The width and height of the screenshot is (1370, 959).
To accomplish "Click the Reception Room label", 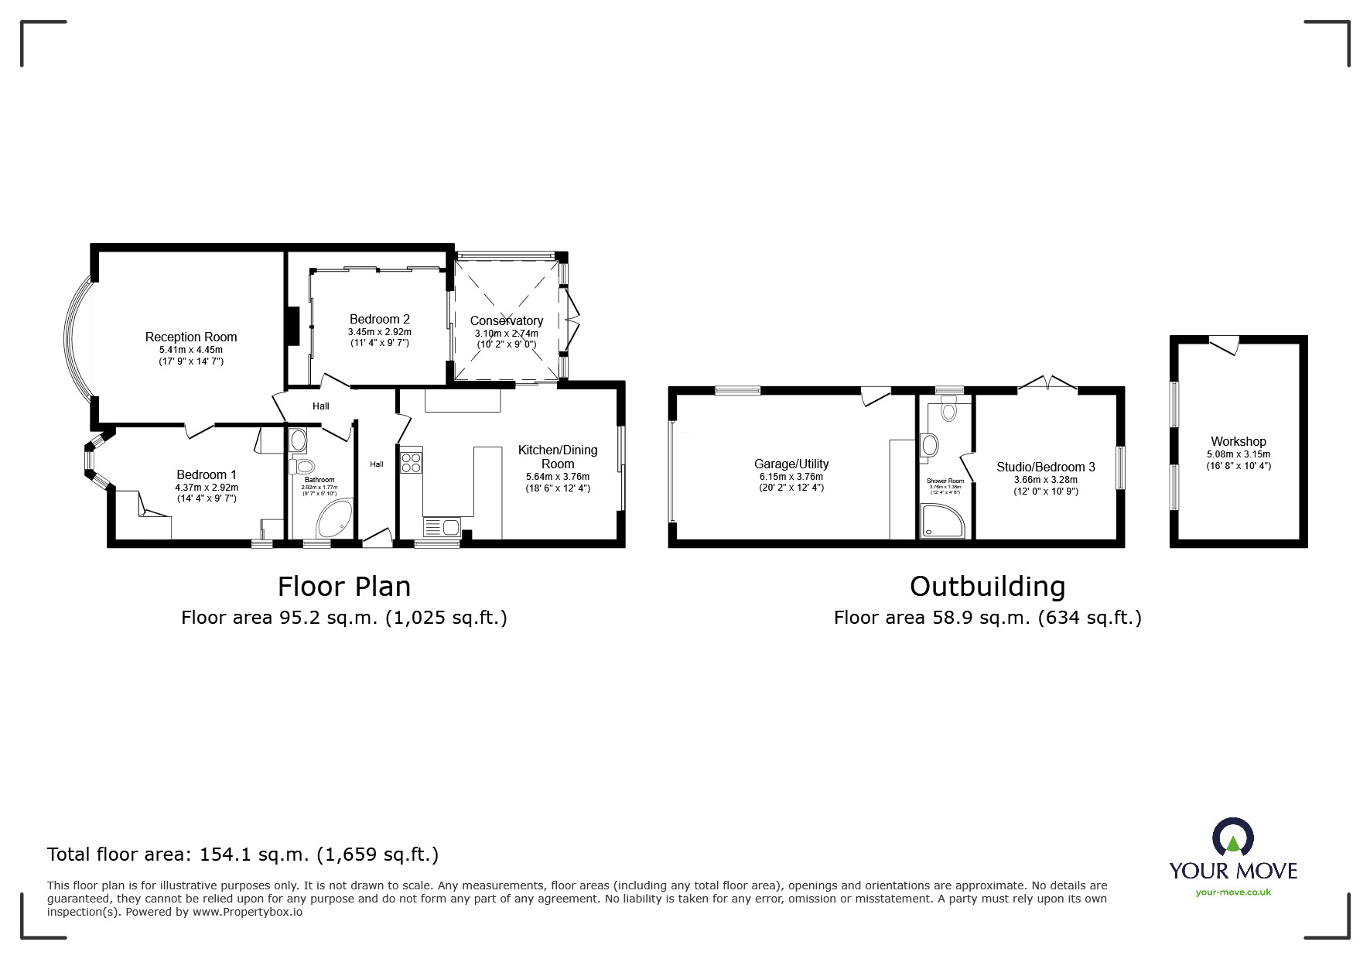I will tap(191, 337).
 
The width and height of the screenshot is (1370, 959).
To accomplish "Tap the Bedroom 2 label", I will tap(379, 319).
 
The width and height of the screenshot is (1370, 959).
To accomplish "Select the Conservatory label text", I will tap(507, 320).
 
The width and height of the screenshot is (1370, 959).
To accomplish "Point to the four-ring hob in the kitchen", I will tap(411, 462).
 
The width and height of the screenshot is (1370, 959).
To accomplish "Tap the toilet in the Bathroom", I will tap(302, 467).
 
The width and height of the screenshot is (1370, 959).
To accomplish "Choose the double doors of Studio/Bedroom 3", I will tap(1047, 383).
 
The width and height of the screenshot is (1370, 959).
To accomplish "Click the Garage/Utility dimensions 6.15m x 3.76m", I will tap(791, 477).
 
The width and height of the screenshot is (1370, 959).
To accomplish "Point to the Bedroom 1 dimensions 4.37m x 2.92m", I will tap(207, 488).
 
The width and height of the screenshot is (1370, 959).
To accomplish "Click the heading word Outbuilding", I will tap(987, 586).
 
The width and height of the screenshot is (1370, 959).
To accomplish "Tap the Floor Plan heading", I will tap(344, 586).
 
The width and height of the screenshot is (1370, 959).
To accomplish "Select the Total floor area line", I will tap(243, 855).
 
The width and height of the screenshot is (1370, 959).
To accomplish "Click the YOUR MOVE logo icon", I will tap(1232, 837).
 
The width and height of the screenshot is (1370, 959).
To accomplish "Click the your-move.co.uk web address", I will tap(1233, 892).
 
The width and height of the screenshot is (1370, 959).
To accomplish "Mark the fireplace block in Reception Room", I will tap(292, 325).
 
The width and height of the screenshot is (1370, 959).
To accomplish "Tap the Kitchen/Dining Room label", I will tap(558, 457).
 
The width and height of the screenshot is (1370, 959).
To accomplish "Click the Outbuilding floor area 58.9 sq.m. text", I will tap(987, 618).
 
